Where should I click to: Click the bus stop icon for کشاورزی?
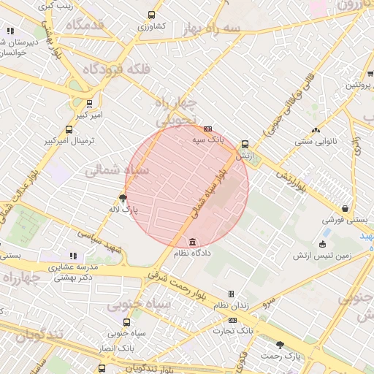(x=151, y=15)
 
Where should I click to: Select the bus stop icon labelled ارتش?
(x=244, y=145)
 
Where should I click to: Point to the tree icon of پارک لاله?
(x=123, y=198)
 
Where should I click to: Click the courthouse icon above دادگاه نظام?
(x=192, y=242)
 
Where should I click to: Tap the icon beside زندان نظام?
(x=231, y=294)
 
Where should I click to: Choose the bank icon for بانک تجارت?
(x=232, y=320)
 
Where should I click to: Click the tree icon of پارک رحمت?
(x=280, y=345)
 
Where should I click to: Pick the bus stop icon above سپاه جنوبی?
(x=127, y=322)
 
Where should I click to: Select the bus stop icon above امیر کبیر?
(x=89, y=104)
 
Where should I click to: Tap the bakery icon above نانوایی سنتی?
(x=316, y=130)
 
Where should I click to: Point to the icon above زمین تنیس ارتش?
(x=322, y=244)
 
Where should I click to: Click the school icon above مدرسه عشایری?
(x=72, y=256)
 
